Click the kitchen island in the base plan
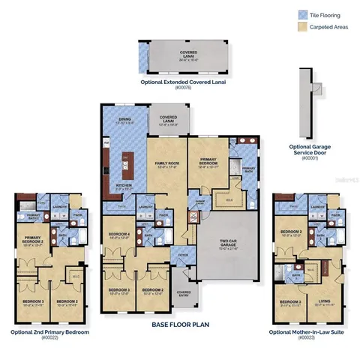pos(124,161)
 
